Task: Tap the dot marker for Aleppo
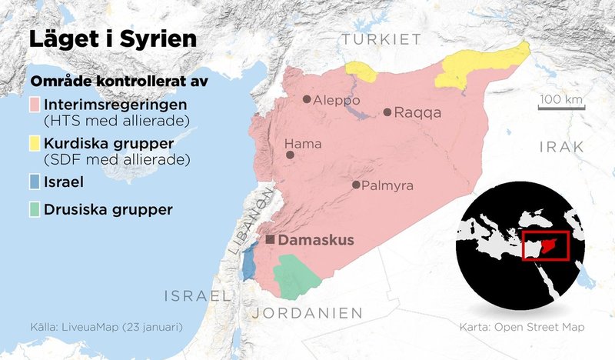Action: (307, 99)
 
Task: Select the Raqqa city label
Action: (417, 113)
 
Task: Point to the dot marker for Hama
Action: (291, 155)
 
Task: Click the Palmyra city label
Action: (387, 185)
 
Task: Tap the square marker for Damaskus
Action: (270, 240)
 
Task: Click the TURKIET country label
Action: (382, 39)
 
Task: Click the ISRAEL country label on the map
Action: (198, 295)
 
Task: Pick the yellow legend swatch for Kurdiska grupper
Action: (35, 144)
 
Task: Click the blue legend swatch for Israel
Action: (35, 183)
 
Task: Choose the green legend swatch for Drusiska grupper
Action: (35, 209)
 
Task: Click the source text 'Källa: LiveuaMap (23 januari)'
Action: (106, 327)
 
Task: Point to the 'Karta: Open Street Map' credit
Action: (521, 327)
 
